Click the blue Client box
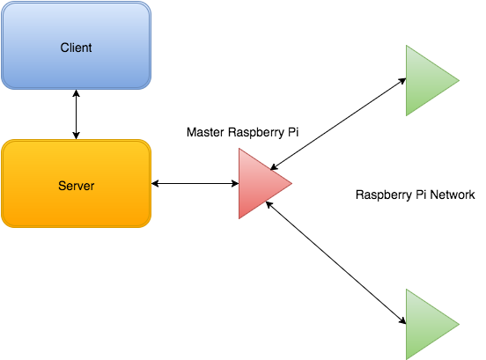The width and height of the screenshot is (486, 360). [x=77, y=46]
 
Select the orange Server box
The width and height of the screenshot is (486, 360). [x=77, y=184]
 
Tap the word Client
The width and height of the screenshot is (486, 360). [x=76, y=48]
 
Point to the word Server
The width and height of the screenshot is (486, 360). [x=77, y=186]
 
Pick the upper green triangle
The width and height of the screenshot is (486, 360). [x=428, y=81]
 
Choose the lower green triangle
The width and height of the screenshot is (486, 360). [x=428, y=324]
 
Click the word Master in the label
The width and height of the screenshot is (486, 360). [x=205, y=132]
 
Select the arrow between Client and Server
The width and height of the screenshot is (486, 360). [x=77, y=114]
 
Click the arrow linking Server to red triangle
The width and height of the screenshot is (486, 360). [x=195, y=183]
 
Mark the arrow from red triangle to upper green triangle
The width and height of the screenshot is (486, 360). [x=338, y=124]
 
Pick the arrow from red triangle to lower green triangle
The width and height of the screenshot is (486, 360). [x=336, y=262]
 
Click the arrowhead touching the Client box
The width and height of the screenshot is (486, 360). [x=77, y=93]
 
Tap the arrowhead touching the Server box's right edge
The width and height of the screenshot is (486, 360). [x=155, y=183]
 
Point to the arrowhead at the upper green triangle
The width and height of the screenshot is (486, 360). [x=402, y=81]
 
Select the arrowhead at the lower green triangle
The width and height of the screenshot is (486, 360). [x=402, y=321]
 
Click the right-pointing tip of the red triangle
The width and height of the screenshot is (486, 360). [x=292, y=183]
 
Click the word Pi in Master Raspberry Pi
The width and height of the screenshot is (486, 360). [x=293, y=132]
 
